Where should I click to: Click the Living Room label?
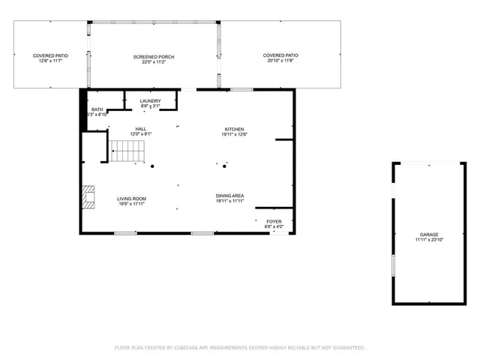[x=130, y=198]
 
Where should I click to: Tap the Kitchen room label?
[x=234, y=129]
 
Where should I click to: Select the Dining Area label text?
[x=231, y=196]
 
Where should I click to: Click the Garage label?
[x=429, y=234]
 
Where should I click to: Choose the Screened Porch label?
[x=153, y=56]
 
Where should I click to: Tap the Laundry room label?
[x=151, y=101]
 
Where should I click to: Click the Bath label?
[x=97, y=109]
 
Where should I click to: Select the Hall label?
[x=140, y=129]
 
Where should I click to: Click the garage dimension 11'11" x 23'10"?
[x=429, y=240]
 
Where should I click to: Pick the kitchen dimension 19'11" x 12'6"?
[x=234, y=135]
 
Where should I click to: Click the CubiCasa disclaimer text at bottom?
[x=239, y=348]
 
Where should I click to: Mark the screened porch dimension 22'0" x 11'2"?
[x=153, y=62]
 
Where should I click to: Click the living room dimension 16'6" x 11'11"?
[x=130, y=203]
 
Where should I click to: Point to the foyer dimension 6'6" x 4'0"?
[x=274, y=226]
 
